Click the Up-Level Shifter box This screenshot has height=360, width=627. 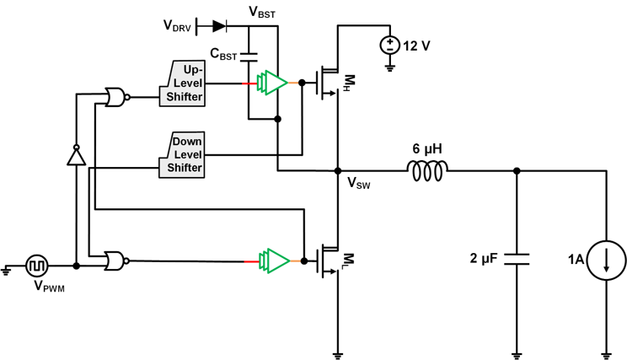pos(182,83)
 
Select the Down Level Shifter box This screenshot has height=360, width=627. pos(182,155)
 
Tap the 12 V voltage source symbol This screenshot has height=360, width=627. pos(390,46)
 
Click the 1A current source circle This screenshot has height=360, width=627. pos(606,261)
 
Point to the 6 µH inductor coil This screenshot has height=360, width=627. pos(427,171)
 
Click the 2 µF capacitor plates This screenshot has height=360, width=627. pos(517,259)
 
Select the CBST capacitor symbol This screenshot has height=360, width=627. pos(249,57)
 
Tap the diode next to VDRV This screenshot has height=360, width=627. pos(219,26)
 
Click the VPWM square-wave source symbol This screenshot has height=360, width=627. pos(37,266)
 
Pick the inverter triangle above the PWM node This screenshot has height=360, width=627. pos(76,155)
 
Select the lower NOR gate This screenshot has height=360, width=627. pos(117,261)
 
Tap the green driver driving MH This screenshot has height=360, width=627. pos(272,83)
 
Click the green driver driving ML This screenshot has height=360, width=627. pos(274,261)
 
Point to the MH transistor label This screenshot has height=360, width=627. pos(348,83)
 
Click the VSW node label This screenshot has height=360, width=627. pos(359,183)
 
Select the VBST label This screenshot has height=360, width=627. pos(262,12)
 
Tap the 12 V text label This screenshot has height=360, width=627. pos(416,46)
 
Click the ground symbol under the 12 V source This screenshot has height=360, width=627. pos(390,68)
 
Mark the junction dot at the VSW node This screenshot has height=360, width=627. pos(338,171)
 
